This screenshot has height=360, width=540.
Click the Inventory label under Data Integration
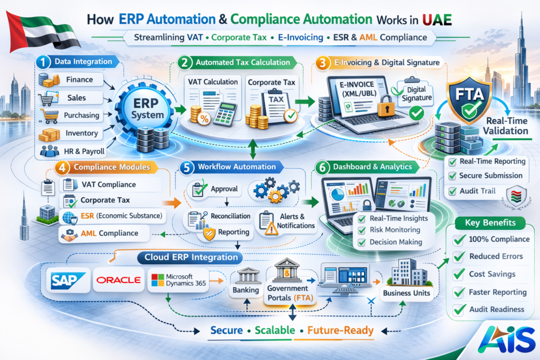point(82,133)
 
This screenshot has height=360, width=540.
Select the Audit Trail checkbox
point(452,191)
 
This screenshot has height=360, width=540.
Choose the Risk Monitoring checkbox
point(362,230)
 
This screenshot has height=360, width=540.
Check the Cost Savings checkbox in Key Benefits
point(458,274)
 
